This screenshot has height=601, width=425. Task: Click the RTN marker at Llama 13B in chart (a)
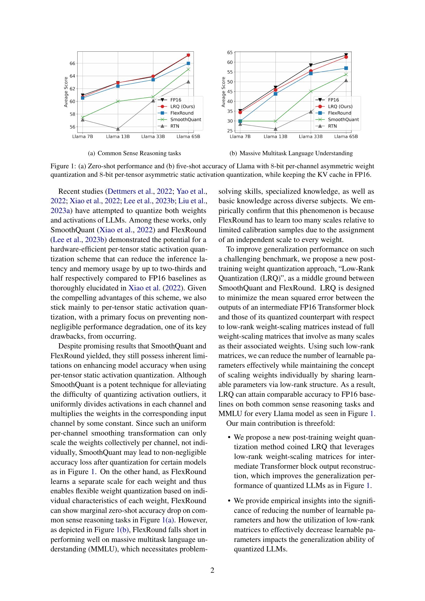point(118,129)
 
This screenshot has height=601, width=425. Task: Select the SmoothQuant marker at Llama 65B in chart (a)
point(188,69)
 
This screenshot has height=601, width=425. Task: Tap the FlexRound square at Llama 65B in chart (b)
point(346,68)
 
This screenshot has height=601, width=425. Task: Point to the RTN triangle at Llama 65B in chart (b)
point(346,80)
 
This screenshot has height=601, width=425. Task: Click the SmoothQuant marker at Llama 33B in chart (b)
point(311,91)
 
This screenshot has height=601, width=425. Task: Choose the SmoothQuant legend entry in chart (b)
point(343,119)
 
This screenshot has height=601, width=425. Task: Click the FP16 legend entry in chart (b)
point(334,100)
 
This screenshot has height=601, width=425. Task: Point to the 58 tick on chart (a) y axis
point(72,114)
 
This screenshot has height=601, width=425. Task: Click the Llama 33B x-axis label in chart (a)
point(153,137)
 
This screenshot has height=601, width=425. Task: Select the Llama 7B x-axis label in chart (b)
point(240,137)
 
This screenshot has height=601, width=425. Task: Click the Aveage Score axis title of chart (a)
point(66,92)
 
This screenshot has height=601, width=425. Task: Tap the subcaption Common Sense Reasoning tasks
point(139,153)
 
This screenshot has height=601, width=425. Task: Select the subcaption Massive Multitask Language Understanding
point(296,153)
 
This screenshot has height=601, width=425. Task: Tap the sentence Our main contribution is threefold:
point(280,423)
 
